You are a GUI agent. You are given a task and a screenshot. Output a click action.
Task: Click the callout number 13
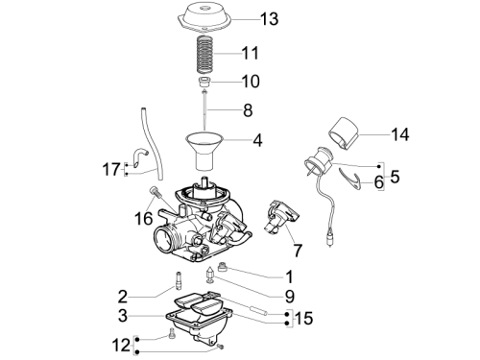pos(270,19)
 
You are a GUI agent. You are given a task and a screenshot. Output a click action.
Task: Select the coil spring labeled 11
pos(204,54)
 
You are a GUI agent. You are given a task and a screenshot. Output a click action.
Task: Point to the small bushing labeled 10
pos(204,82)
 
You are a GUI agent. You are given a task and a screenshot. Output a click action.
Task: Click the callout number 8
pos(248,110)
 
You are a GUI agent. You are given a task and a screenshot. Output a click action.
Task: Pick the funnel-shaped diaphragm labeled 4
pos(204,152)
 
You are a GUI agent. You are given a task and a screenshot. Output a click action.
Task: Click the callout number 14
pos(400,134)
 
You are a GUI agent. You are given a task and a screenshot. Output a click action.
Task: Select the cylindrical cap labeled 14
pos(343,133)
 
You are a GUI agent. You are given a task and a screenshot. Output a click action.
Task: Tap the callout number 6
pos(379,182)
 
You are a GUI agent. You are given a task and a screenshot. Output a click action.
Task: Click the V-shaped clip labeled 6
pos(350,180)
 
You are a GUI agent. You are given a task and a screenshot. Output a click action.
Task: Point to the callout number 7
pos(298,251)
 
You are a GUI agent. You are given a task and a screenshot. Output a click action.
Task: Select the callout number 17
pos(111,169)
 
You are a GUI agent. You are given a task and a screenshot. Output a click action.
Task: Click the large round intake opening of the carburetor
pos(165,239)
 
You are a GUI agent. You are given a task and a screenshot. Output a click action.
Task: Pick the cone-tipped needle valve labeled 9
pos(210,275)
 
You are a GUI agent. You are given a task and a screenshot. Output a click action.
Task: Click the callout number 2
pos(123,298)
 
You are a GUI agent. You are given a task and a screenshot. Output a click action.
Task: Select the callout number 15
pos(303,319)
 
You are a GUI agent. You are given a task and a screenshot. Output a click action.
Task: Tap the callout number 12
pos(122,346)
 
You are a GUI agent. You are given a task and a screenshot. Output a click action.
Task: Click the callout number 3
pos(123,316)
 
